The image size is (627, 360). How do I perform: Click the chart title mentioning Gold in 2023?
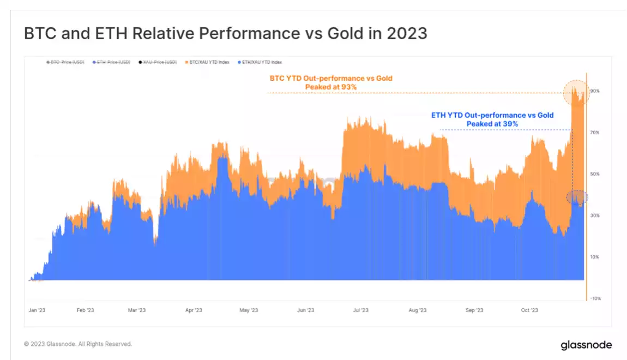point(226,33)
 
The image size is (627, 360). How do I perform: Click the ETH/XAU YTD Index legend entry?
point(260,62)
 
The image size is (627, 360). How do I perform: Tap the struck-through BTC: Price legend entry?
point(65,62)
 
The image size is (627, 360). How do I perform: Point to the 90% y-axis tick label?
point(595,91)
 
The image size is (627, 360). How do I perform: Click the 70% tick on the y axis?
point(595,133)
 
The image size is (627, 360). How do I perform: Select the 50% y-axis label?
point(595,174)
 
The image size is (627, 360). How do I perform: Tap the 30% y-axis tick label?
point(595,215)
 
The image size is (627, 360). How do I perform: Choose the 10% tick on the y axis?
point(595,257)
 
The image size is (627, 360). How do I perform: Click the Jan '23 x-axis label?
point(37,310)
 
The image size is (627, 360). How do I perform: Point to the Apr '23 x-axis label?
point(194,310)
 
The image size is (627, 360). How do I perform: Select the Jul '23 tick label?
point(360,310)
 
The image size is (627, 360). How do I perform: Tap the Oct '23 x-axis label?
point(529,310)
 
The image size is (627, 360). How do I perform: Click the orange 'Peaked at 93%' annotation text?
point(331,87)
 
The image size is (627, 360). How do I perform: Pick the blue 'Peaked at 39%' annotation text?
point(492,124)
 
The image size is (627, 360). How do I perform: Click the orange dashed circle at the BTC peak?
point(576,92)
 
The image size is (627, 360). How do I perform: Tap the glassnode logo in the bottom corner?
point(586,345)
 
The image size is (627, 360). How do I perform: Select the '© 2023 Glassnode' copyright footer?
point(78,344)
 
